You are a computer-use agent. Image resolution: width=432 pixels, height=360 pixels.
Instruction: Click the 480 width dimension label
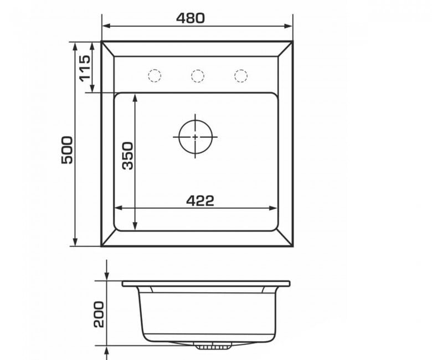(191, 18)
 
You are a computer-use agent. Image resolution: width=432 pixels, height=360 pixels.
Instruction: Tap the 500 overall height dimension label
(67, 150)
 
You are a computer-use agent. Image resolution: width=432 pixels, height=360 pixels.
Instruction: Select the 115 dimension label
(85, 69)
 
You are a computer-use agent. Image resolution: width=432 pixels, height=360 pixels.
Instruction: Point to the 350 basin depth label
(128, 156)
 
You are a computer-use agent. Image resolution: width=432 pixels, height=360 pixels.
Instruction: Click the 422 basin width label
(200, 201)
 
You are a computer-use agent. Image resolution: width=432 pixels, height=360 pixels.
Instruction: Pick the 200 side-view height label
(99, 314)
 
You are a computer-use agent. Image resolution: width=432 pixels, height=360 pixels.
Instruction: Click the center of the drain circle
(196, 137)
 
